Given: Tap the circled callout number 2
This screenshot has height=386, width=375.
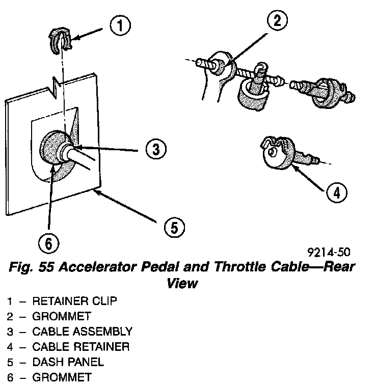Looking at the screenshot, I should point(276,21).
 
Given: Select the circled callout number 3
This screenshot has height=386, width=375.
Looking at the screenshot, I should point(155,149).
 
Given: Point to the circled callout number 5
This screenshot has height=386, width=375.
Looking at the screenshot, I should point(174,227).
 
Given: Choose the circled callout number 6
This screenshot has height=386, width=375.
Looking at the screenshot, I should point(48,244).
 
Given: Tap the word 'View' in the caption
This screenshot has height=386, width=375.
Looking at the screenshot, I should point(182,283).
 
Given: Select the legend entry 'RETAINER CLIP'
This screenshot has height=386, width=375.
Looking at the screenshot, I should point(74,301).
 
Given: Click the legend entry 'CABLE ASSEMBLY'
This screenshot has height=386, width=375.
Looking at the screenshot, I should point(82,332).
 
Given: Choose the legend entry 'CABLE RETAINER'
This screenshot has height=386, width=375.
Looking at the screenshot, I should point(81,347).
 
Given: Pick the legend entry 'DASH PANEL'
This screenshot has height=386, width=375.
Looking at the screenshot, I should point(68,362).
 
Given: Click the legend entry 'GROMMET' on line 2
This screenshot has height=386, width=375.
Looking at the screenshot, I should point(62,316).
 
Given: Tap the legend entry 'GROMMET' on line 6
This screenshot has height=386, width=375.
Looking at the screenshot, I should point(62,377).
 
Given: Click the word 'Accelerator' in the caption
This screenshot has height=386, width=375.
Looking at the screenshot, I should point(106,267).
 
